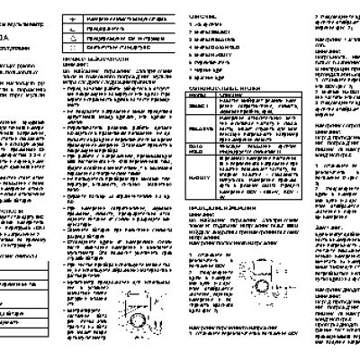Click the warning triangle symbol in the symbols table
pos(84,28)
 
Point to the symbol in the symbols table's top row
pos(84,18)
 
